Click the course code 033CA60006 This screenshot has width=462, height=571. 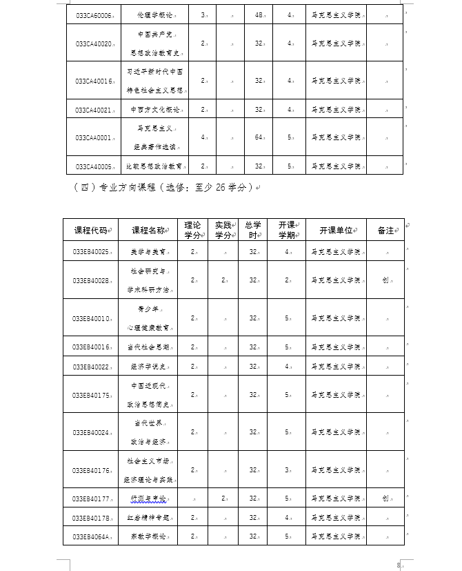93,14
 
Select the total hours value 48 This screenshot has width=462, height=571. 259,14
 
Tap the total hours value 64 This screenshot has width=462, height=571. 259,138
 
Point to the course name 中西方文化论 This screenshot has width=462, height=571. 155,110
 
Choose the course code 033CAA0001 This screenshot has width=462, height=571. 93,138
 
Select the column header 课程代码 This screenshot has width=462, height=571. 90,231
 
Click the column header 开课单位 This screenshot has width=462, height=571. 336,231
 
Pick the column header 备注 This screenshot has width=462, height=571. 385,231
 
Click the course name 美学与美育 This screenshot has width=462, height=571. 151,252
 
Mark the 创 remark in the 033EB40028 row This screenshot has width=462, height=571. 385,280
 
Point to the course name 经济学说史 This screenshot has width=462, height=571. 151,367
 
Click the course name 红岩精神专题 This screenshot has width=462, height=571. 151,516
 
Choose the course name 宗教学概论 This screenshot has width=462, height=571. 151,535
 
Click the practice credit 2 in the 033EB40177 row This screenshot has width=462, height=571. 223,498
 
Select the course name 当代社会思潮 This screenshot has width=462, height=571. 151,347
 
